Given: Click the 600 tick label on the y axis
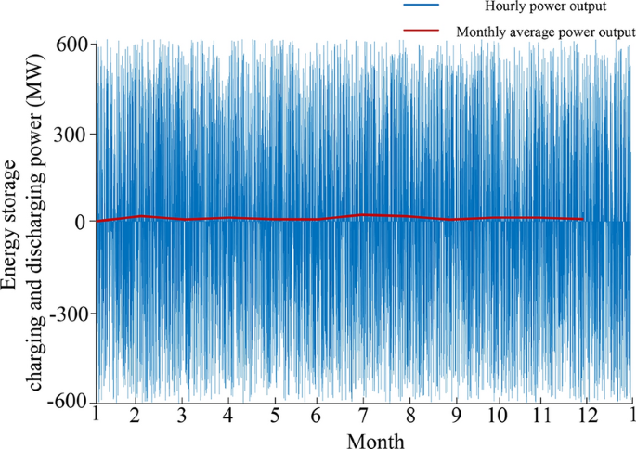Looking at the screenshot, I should (71, 45).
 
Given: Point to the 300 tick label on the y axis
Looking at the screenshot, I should (71, 134).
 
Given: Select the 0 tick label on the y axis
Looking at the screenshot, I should (81, 222).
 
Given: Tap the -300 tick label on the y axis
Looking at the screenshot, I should (67, 314).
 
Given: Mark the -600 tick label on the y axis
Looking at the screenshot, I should (67, 400).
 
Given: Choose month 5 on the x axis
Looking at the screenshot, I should (274, 415).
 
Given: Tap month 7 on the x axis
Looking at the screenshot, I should (363, 415).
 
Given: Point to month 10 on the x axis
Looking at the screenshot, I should (499, 415).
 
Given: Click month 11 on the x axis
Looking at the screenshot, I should (543, 415).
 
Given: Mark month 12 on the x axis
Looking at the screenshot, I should (588, 415).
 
